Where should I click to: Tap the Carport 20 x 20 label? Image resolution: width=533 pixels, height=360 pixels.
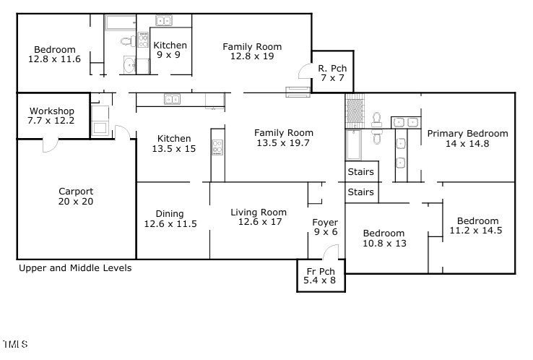[76, 197]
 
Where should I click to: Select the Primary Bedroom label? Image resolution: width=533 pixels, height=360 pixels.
[467, 138]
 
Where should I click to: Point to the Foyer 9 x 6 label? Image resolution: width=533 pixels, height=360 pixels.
[325, 227]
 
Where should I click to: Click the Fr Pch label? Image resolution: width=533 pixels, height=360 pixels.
[321, 275]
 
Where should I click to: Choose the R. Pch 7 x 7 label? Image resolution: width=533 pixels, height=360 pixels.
[332, 73]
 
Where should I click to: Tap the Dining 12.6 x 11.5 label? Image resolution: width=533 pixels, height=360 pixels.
[170, 219]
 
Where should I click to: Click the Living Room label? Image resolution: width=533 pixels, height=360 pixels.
[259, 218]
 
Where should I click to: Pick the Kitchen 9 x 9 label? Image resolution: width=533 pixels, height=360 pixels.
[170, 49]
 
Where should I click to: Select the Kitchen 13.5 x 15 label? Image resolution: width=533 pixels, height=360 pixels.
[174, 143]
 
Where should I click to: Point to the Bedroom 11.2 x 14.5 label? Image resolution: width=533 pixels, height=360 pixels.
[476, 226]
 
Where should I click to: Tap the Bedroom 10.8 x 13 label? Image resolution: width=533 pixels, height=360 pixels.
[383, 238]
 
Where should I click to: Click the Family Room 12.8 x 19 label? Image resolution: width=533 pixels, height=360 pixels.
[252, 51]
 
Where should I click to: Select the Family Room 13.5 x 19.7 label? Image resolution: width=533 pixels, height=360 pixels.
[284, 137]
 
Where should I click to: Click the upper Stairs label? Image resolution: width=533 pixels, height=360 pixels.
[361, 172]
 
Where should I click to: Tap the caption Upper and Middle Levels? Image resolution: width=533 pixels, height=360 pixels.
[75, 267]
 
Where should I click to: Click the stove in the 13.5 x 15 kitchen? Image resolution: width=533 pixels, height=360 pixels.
[217, 148]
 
